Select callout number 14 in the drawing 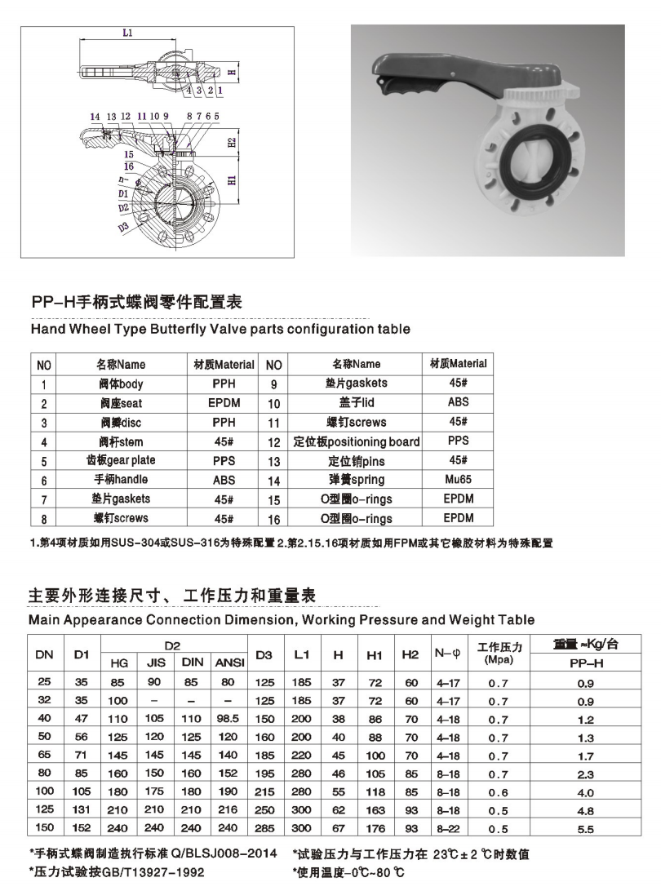[95, 117]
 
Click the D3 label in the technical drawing [123, 228]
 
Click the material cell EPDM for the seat [224, 403]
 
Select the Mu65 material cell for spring [459, 480]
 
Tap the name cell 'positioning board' [356, 441]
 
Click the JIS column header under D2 [156, 663]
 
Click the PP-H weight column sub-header [585, 663]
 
